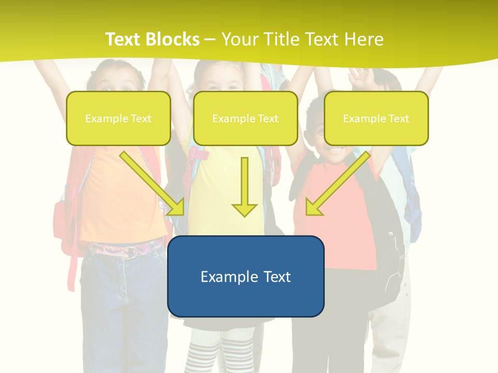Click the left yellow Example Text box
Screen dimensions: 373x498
point(118,118)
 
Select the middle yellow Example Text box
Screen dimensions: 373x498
point(245,118)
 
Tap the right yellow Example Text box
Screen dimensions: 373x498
point(376,118)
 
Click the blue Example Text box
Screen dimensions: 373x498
point(245,276)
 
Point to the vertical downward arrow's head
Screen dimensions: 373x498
point(244,210)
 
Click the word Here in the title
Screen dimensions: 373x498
point(366,39)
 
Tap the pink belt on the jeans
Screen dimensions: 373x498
point(127,251)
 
